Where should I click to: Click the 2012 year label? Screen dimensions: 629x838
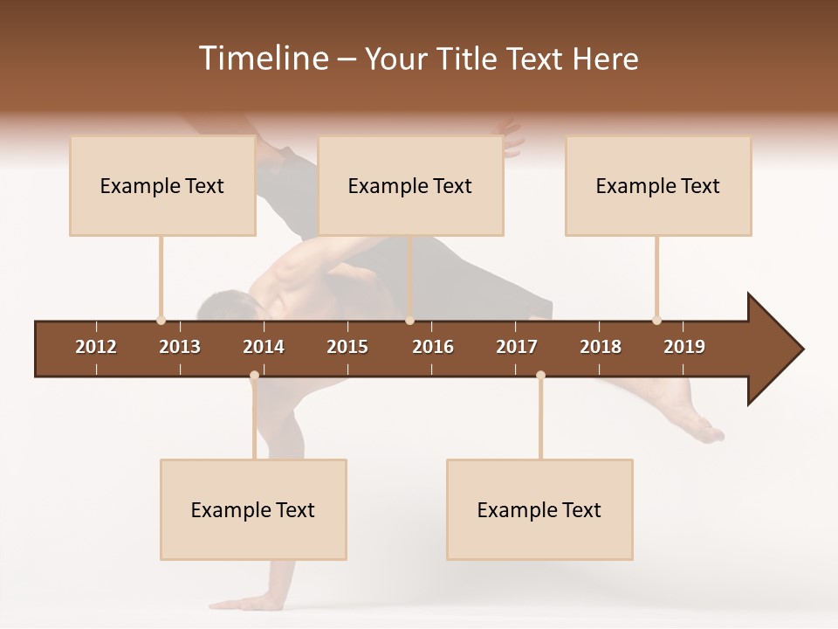point(96,347)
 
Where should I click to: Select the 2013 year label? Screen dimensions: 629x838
point(180,347)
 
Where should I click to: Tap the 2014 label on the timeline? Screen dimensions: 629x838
point(264,347)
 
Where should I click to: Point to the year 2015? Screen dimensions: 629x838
point(347,347)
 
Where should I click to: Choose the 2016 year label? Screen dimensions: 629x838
point(433,347)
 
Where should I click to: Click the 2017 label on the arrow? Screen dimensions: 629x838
point(517,347)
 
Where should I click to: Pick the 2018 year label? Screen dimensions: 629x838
point(601,347)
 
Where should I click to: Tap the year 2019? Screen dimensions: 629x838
point(684,347)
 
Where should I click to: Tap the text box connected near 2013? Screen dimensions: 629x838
point(162,186)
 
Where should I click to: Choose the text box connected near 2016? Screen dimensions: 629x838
point(410,186)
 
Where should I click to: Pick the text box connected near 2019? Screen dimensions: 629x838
point(658,186)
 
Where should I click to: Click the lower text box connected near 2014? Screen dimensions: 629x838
point(253,510)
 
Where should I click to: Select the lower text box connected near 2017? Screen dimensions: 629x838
point(539,510)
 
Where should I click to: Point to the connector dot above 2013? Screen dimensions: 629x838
point(161,321)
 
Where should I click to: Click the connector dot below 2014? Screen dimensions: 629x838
point(254,376)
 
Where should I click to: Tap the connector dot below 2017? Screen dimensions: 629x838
point(540,376)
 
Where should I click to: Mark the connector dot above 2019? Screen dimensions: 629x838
point(656,321)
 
